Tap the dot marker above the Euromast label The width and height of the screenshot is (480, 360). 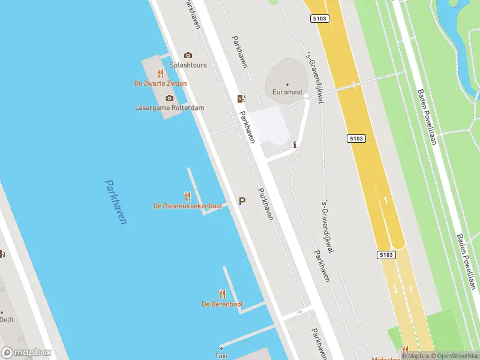click(x=287, y=85)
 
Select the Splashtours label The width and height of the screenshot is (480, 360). click(x=188, y=65)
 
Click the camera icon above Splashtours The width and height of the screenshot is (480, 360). click(x=188, y=55)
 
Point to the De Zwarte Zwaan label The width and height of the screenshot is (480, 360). click(x=160, y=83)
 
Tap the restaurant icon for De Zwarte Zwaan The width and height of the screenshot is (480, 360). click(x=160, y=74)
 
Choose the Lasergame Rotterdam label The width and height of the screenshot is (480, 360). click(x=170, y=108)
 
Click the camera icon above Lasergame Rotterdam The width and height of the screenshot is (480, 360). click(x=169, y=98)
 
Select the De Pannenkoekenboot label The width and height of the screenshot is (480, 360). click(x=188, y=206)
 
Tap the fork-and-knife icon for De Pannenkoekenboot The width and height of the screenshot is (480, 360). click(x=187, y=196)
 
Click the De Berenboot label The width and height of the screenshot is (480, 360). click(x=222, y=304)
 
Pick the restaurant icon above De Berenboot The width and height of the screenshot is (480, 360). click(x=222, y=293)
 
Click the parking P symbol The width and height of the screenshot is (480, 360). click(x=242, y=202)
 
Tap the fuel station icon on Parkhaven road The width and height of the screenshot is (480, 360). click(x=241, y=98)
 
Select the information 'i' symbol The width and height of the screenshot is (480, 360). click(x=294, y=145)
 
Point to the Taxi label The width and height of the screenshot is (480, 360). click(x=221, y=356)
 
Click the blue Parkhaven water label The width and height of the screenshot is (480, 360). click(x=115, y=202)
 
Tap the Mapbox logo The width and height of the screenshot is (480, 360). click(x=26, y=353)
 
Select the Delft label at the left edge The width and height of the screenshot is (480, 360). click(x=6, y=320)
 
